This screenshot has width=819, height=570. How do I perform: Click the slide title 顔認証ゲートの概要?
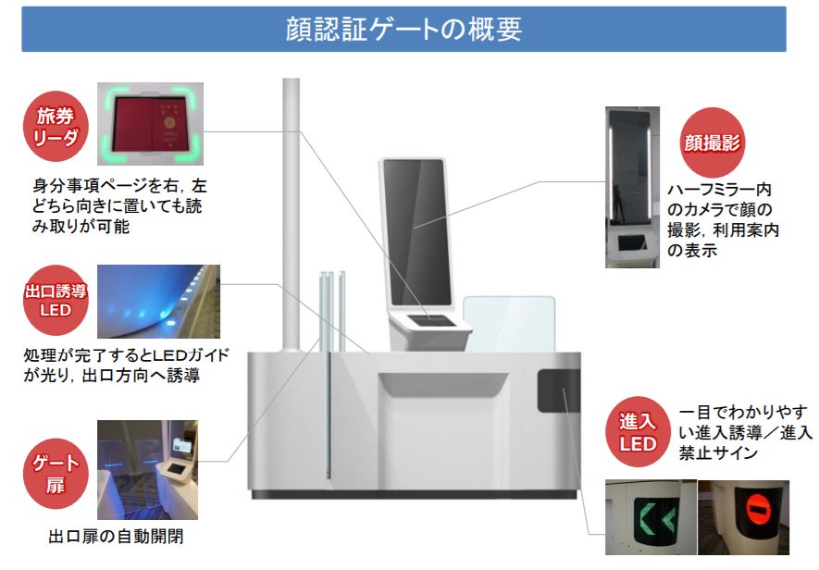coord(403,29)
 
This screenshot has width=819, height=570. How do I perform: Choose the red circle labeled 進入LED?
coord(638,432)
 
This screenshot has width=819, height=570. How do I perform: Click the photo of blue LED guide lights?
coord(158,302)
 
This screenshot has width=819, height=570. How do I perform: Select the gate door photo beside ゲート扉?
coord(147,470)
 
